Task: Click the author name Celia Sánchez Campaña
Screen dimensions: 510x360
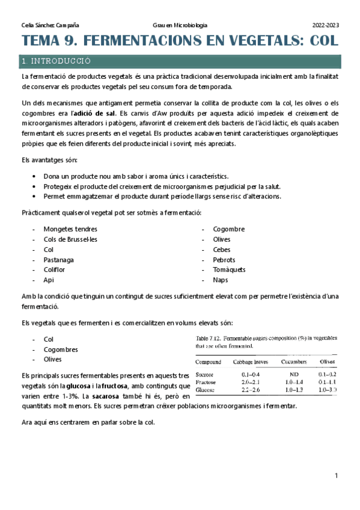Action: point(50,25)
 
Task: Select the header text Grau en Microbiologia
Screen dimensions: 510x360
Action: point(180,25)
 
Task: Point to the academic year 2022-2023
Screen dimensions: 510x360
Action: point(325,25)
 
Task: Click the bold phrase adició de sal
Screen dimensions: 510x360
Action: point(94,112)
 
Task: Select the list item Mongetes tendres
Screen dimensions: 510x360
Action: point(70,229)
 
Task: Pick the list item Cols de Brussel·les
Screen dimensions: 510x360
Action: point(70,239)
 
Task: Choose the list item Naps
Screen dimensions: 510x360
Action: point(220,280)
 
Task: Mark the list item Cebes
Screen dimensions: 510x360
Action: point(221,249)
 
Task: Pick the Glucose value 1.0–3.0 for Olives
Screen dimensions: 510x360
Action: point(328,390)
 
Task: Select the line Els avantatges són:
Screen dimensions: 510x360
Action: point(44,161)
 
